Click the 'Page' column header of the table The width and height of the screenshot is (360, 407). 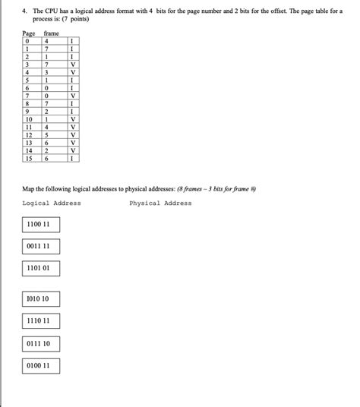[x=30, y=35]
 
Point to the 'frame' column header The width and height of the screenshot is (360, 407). [x=52, y=35]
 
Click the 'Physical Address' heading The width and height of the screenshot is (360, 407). [x=160, y=204]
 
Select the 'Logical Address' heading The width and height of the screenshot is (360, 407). [x=52, y=204]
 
